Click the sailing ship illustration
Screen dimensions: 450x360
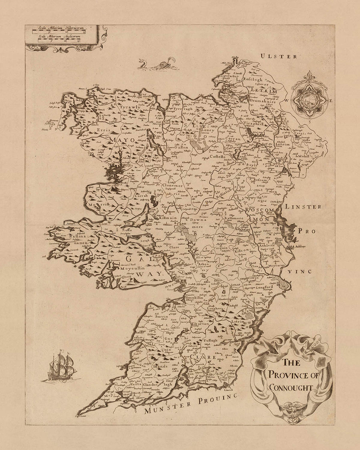(x=61, y=368)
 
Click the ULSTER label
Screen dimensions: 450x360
(x=279, y=56)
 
